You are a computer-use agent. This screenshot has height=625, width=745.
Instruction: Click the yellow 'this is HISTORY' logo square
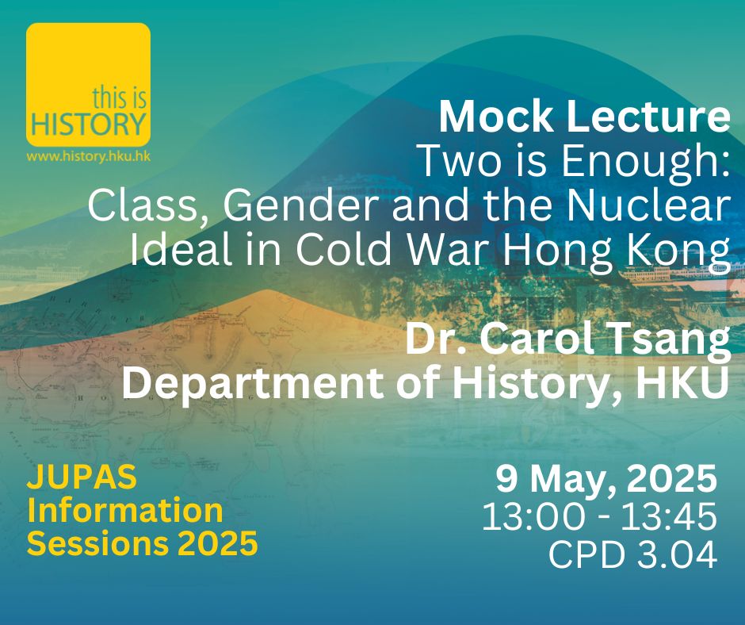tap(89, 84)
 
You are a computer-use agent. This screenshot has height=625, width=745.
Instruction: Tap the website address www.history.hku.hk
tap(89, 156)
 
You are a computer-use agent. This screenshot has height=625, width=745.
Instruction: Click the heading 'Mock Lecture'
tap(584, 117)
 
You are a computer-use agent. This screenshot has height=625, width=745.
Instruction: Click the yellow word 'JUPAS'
tap(82, 477)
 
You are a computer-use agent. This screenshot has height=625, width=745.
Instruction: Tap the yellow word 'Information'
tap(125, 510)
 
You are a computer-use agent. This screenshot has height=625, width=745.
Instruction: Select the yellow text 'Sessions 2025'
tap(143, 543)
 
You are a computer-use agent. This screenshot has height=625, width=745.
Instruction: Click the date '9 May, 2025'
tap(606, 480)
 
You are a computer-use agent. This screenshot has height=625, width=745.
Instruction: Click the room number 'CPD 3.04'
tap(633, 554)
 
